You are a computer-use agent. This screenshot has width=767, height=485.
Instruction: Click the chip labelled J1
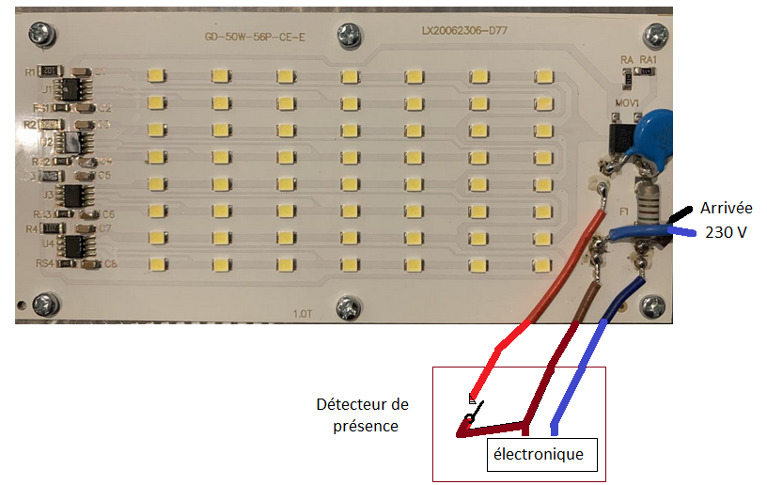point(70,90)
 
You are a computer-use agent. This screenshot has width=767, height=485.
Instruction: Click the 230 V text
point(726,231)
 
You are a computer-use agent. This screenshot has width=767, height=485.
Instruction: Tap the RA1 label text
point(649,59)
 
